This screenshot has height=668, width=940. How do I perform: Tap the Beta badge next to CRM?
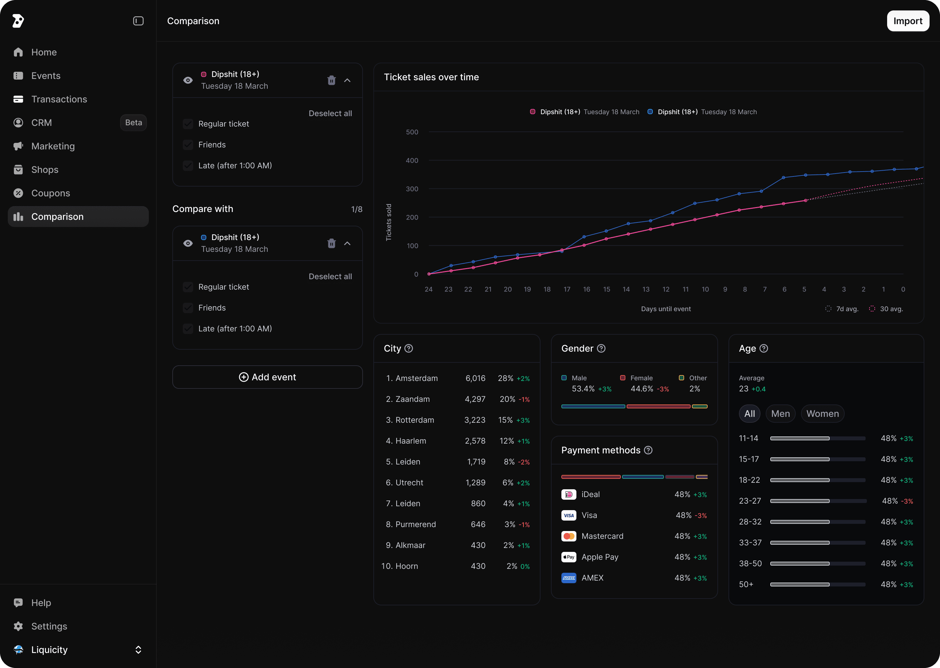(133, 123)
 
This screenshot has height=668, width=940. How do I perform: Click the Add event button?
(268, 377)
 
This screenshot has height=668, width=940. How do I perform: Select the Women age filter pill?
(822, 414)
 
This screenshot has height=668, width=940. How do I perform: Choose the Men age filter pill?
(780, 414)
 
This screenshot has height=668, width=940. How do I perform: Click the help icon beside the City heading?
(409, 348)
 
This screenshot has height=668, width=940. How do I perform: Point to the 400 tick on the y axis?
(412, 160)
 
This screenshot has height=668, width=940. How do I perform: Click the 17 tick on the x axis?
(567, 289)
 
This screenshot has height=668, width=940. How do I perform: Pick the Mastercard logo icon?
(569, 536)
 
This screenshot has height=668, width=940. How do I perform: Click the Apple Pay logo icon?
(569, 557)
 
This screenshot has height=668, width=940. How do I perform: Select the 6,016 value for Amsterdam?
(475, 378)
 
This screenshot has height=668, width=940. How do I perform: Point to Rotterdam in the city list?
(415, 420)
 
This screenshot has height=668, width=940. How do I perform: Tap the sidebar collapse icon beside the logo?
(138, 21)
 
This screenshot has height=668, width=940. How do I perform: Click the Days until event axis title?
(666, 309)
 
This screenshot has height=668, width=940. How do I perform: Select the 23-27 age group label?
(750, 501)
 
